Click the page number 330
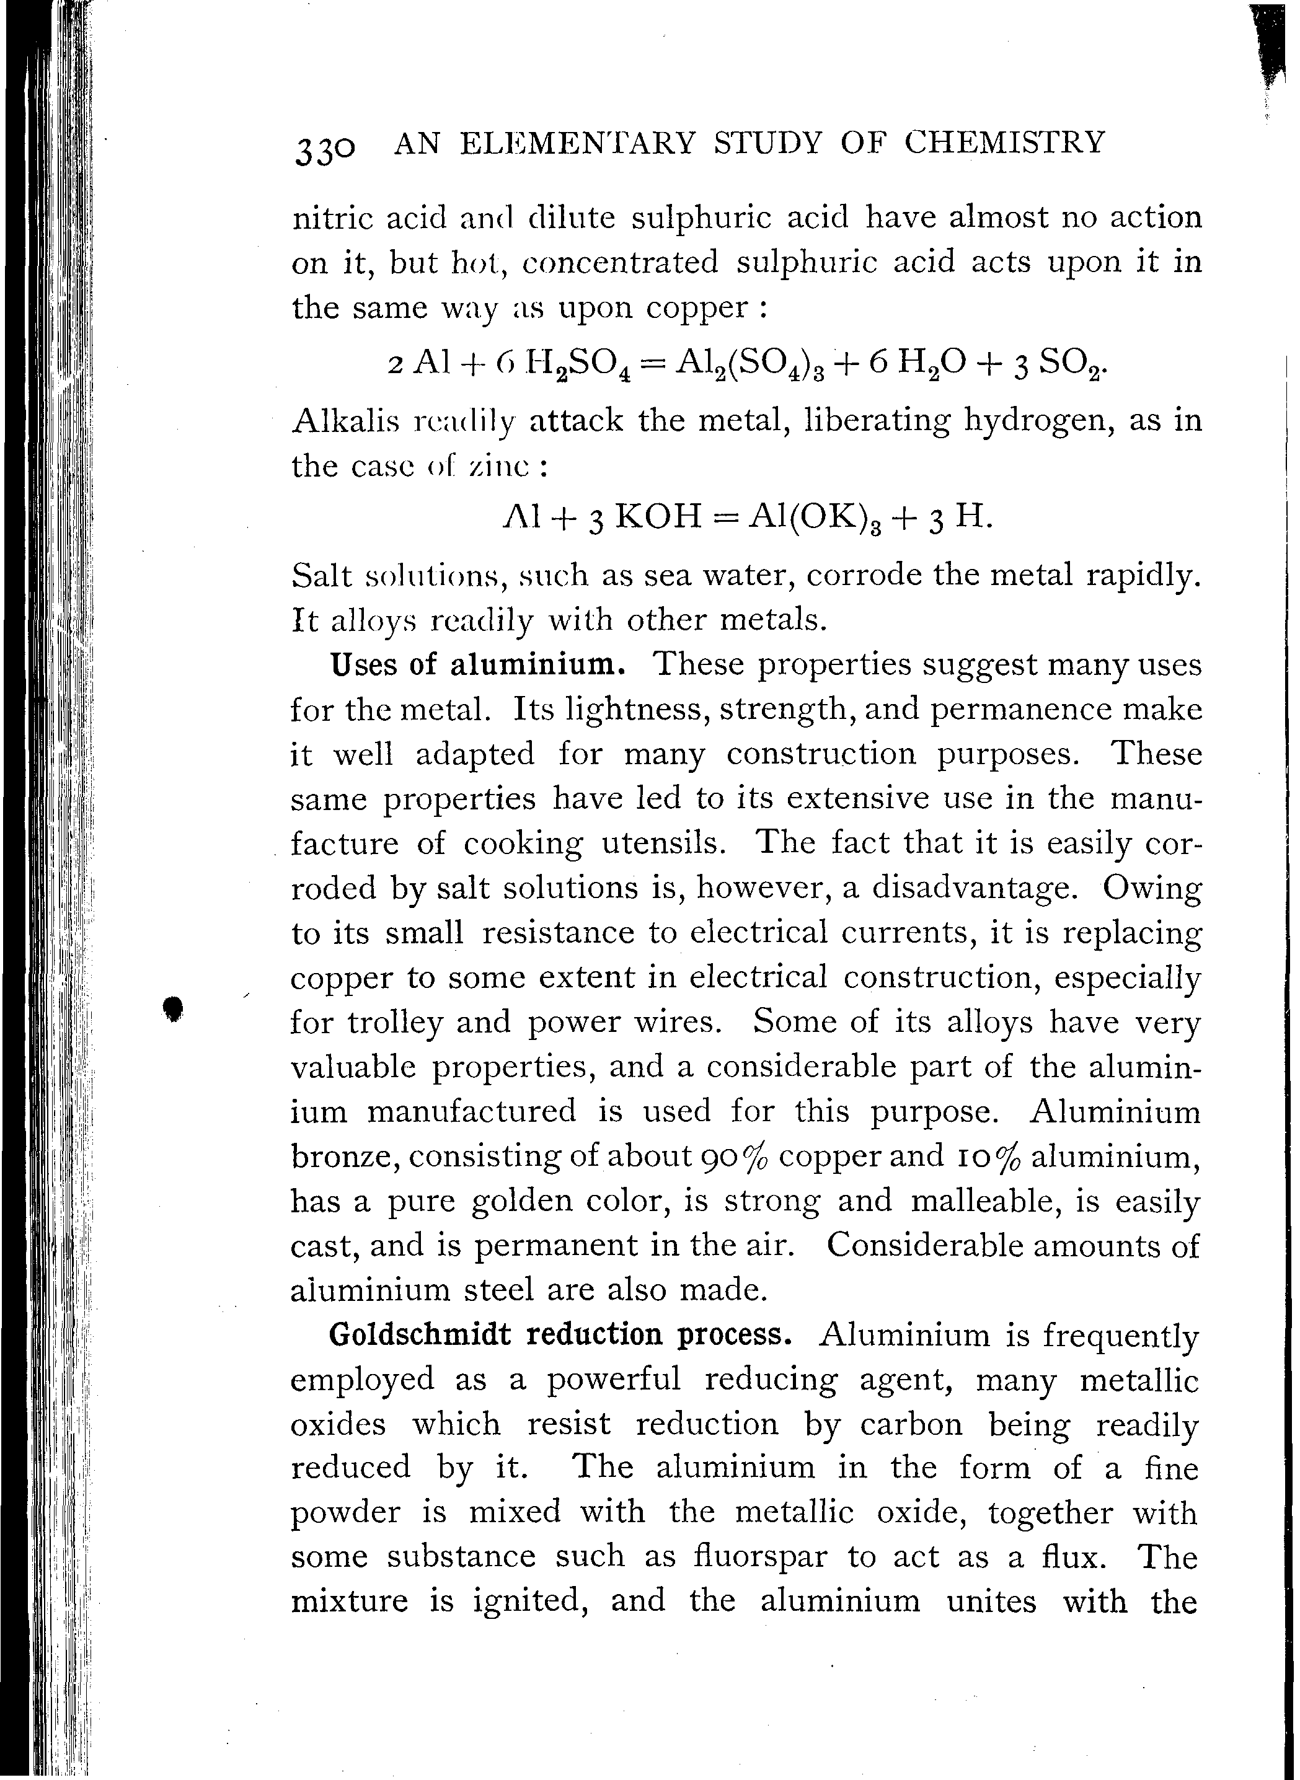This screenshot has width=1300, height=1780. click(x=324, y=149)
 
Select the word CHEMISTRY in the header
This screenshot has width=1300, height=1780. click(x=1004, y=143)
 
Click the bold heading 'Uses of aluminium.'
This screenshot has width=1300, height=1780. click(x=478, y=666)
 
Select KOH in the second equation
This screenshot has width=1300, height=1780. click(x=657, y=517)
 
